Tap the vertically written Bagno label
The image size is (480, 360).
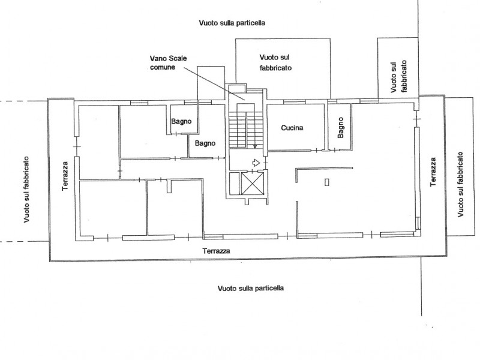[x=340, y=128]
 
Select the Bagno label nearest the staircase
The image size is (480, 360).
[x=205, y=144]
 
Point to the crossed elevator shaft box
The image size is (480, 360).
[x=252, y=184]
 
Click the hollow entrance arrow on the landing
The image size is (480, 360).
[x=256, y=162]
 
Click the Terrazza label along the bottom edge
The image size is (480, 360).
[x=217, y=251]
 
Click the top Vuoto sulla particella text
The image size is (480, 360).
[x=232, y=23]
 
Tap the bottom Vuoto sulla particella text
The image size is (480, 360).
[x=251, y=288]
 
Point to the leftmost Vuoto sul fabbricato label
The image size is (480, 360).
[x=27, y=190]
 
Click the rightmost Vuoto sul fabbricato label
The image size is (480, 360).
[x=461, y=184]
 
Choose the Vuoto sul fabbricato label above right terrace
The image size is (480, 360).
[x=398, y=77]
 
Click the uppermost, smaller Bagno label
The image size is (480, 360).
[x=181, y=122]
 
